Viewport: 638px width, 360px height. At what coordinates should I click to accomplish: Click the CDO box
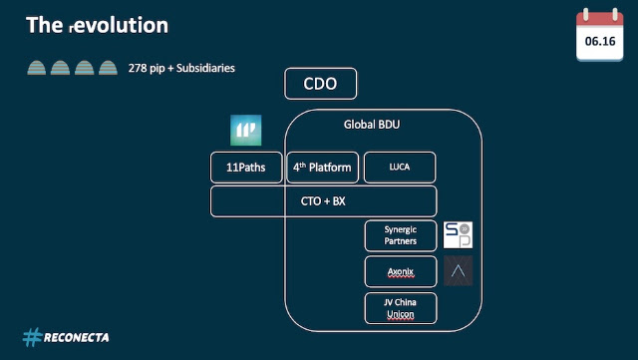pyautogui.click(x=321, y=84)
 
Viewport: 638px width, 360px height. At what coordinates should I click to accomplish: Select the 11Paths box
pyautogui.click(x=246, y=168)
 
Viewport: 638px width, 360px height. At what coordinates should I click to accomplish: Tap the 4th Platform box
pyautogui.click(x=323, y=168)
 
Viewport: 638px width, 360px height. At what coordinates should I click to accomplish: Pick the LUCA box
pyautogui.click(x=400, y=168)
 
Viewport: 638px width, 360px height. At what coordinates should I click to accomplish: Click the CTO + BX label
pyautogui.click(x=323, y=201)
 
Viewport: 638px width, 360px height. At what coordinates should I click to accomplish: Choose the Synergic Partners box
pyautogui.click(x=401, y=235)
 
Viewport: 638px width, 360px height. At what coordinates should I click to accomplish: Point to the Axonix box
pyautogui.click(x=401, y=271)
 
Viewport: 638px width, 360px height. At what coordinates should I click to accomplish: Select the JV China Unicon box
pyautogui.click(x=401, y=308)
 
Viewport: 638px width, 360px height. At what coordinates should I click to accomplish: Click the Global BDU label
pyautogui.click(x=372, y=125)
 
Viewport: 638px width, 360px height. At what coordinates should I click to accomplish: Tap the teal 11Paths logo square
pyautogui.click(x=246, y=131)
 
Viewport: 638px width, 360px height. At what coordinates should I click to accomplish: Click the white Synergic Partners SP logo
pyautogui.click(x=458, y=235)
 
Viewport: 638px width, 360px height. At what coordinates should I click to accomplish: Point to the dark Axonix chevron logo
pyautogui.click(x=459, y=271)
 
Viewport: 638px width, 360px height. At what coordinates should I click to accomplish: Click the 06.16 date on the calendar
pyautogui.click(x=600, y=41)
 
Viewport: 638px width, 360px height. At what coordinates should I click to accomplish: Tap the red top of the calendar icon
pyautogui.click(x=600, y=18)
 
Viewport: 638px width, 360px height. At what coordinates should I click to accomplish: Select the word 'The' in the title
pyautogui.click(x=44, y=25)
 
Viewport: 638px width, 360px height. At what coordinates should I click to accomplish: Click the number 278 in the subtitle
pyautogui.click(x=138, y=68)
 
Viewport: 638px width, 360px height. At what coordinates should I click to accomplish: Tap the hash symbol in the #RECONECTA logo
pyautogui.click(x=33, y=337)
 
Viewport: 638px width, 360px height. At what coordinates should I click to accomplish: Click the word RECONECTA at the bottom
pyautogui.click(x=76, y=338)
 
